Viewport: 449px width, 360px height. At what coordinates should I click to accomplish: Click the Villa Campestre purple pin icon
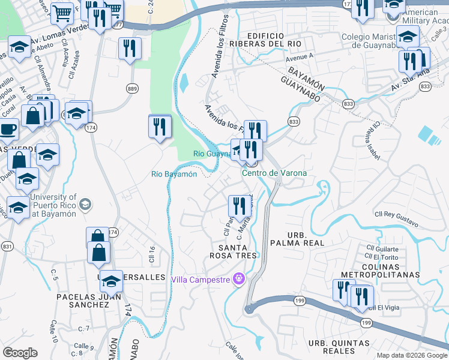click(239, 279)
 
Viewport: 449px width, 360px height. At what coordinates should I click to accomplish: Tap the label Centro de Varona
click(274, 173)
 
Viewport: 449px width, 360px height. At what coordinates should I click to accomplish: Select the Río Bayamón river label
click(174, 174)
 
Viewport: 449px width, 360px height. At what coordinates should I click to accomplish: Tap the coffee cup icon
click(8, 128)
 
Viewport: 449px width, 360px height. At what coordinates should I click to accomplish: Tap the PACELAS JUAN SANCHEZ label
click(83, 301)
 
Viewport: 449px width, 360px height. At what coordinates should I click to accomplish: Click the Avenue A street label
click(301, 57)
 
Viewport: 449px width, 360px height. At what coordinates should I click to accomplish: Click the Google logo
click(20, 353)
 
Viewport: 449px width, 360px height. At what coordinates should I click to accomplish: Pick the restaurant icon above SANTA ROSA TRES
click(240, 206)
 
